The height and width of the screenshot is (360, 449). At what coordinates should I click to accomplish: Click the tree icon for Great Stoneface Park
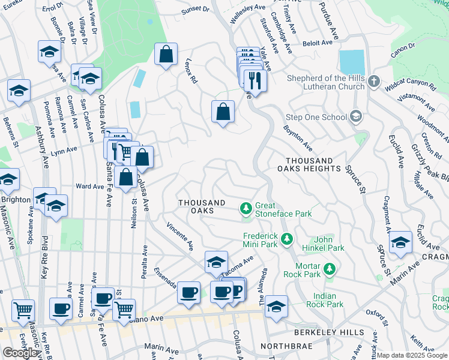(246, 208)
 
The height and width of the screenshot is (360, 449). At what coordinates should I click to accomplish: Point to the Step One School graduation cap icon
(357, 115)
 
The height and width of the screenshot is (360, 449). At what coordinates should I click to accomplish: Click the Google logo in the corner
(20, 353)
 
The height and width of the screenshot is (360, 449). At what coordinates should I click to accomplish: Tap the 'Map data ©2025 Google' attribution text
(412, 355)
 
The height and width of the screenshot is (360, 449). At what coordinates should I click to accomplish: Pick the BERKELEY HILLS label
(328, 332)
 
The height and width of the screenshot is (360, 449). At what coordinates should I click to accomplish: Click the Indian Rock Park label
(328, 300)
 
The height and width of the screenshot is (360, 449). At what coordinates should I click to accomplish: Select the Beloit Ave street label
(318, 43)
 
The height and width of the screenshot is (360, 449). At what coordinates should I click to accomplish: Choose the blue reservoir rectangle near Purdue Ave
(352, 62)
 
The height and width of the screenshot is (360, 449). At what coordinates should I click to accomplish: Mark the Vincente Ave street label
(180, 236)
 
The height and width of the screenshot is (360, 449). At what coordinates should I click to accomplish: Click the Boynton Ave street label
(298, 138)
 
